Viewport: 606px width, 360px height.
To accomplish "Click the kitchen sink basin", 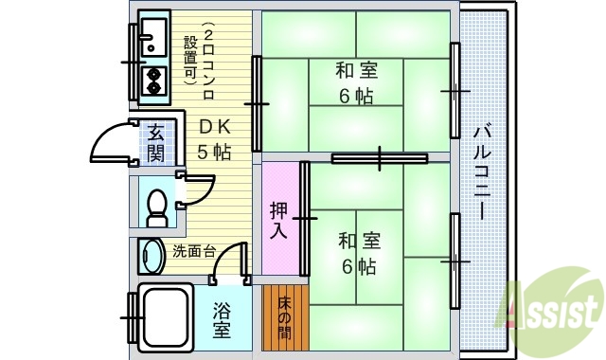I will [151, 39].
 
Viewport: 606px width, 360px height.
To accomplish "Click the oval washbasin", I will [151, 255].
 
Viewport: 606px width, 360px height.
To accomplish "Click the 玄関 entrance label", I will [154, 143].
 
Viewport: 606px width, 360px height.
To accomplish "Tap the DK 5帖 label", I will [214, 139].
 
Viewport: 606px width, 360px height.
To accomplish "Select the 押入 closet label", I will [278, 220].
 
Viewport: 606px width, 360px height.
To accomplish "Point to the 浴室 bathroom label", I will [222, 319].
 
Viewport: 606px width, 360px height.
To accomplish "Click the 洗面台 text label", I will [194, 252].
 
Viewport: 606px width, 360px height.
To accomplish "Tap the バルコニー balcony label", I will [480, 171].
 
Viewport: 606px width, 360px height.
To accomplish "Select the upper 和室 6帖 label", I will [356, 83].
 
